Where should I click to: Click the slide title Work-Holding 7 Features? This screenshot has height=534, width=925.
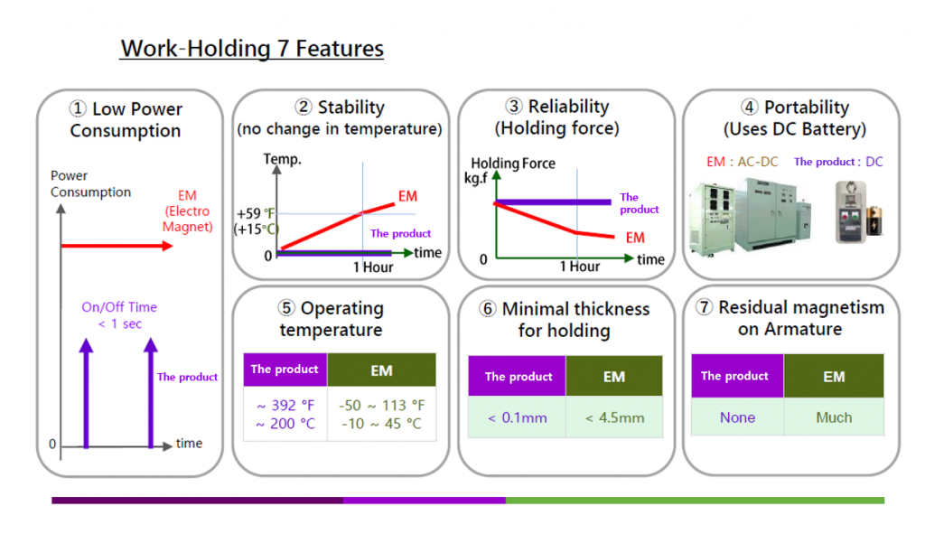click(252, 49)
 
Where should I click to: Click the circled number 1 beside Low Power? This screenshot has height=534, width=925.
click(78, 108)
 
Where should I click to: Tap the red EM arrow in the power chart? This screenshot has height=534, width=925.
click(117, 246)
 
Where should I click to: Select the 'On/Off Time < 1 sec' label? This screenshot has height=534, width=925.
click(119, 315)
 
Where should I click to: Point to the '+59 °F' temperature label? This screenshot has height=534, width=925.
click(256, 213)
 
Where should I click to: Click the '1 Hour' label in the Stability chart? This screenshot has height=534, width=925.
click(373, 267)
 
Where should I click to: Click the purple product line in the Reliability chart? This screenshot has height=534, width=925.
click(553, 202)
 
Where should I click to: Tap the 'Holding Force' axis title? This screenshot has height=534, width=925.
click(513, 163)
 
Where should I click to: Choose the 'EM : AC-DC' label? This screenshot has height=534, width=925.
click(743, 162)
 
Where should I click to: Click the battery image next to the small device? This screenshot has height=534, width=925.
click(874, 220)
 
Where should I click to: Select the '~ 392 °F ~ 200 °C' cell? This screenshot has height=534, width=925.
click(285, 414)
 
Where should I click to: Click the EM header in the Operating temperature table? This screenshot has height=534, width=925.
click(382, 370)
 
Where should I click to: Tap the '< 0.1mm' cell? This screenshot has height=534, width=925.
click(518, 417)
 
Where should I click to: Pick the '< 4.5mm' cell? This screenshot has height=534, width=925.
click(614, 417)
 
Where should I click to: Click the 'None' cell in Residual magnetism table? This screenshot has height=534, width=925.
click(737, 417)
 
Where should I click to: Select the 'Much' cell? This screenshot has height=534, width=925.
click(834, 417)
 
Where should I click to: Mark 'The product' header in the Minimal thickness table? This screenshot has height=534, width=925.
click(518, 376)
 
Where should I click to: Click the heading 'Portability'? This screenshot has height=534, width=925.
click(807, 107)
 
